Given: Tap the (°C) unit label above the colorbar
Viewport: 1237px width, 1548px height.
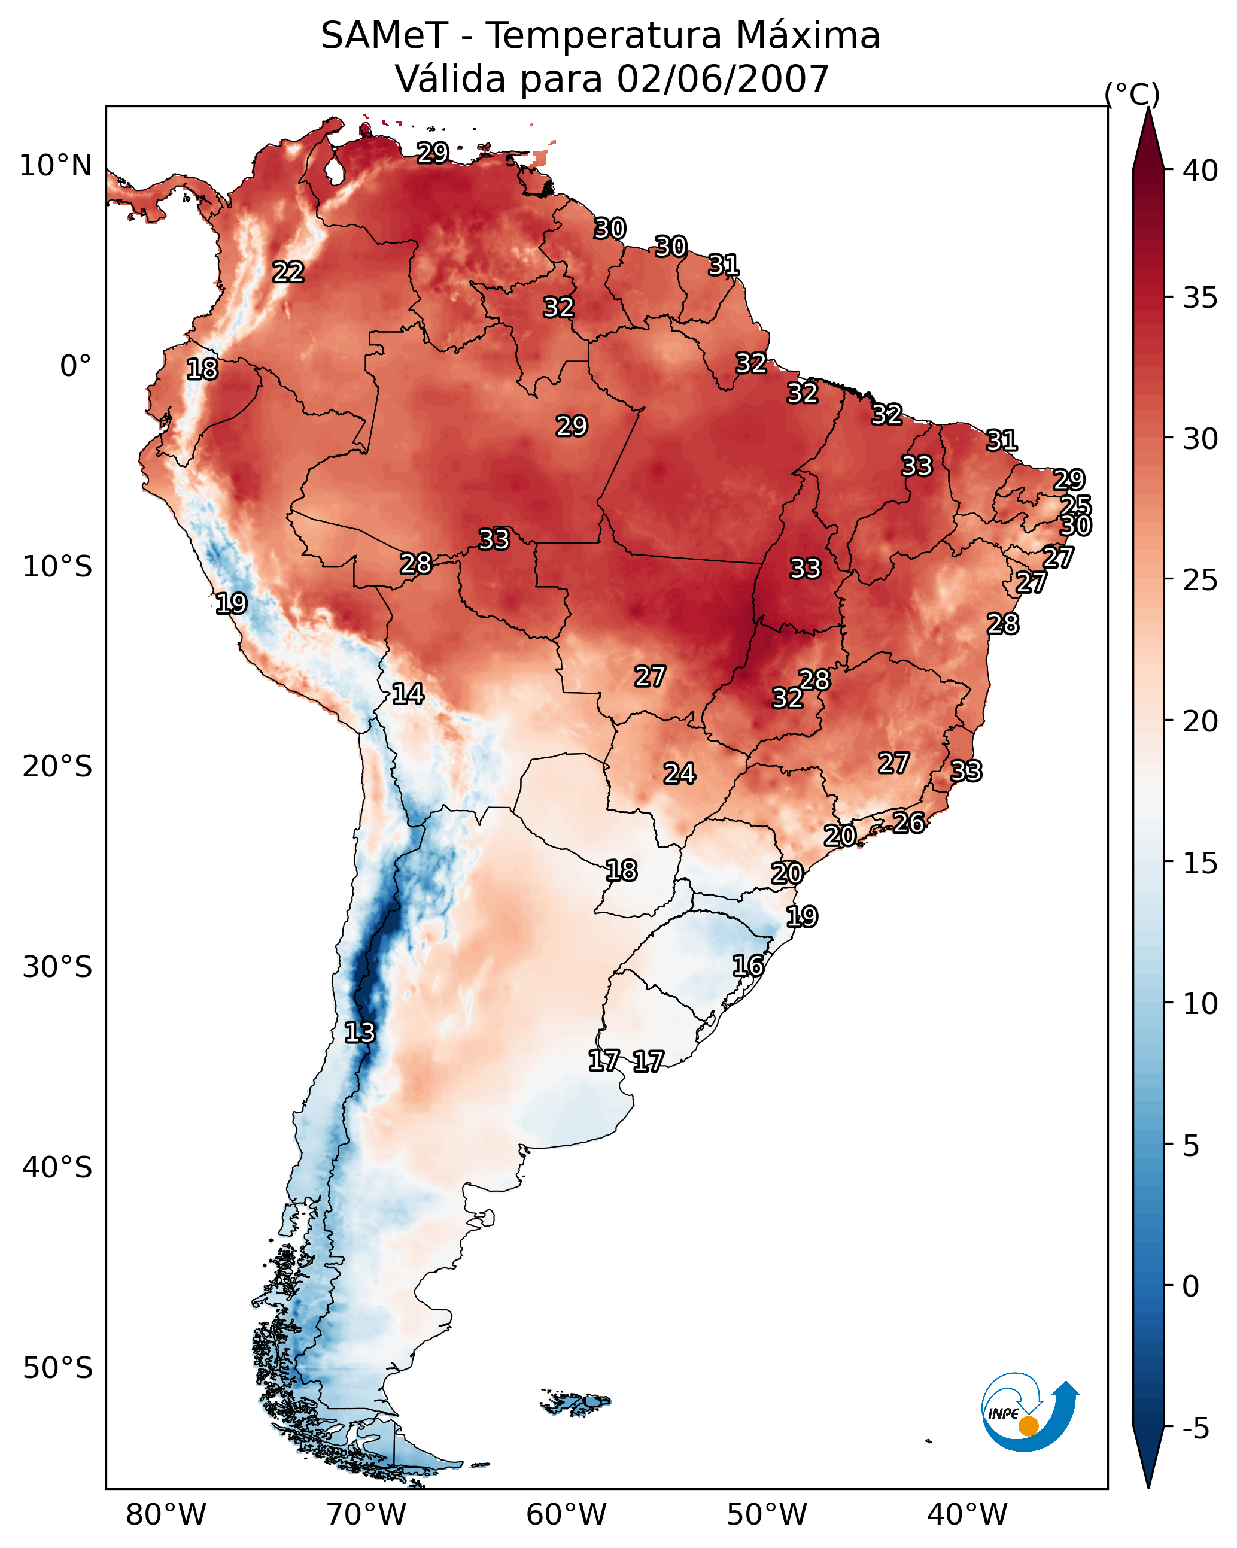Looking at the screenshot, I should pyautogui.click(x=1132, y=94).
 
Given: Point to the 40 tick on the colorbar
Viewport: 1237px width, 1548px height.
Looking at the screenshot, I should pyautogui.click(x=1200, y=171).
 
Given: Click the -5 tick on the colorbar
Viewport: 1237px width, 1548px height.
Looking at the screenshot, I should pyautogui.click(x=1195, y=1428).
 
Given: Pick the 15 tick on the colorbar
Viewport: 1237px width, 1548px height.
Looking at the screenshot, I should pyautogui.click(x=1200, y=863).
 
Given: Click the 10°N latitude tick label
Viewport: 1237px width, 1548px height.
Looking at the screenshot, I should pyautogui.click(x=55, y=166).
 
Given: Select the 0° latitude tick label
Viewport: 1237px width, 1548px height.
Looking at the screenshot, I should pyautogui.click(x=75, y=366).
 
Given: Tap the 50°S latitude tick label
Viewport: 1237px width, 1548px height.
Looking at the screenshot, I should pyautogui.click(x=57, y=1368).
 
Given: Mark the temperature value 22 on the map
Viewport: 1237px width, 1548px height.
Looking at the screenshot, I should pyautogui.click(x=288, y=272).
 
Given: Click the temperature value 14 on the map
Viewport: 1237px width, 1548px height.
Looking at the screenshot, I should pyautogui.click(x=407, y=694).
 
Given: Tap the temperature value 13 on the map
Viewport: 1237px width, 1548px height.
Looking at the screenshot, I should pyautogui.click(x=359, y=1033).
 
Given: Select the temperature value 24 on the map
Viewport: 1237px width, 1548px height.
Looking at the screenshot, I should pyautogui.click(x=679, y=774).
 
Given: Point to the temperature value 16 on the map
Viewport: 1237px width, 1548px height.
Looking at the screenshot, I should pyautogui.click(x=747, y=966).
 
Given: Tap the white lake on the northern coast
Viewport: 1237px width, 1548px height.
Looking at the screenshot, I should pyautogui.click(x=334, y=172).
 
